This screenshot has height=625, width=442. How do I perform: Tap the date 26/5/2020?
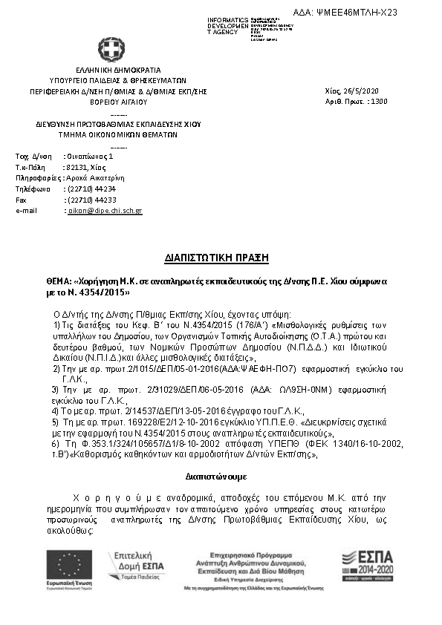point(362,90)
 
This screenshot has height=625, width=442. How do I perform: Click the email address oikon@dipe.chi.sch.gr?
point(104,211)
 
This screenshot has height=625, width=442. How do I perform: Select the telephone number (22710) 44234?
point(91,189)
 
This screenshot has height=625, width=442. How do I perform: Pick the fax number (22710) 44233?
point(91,200)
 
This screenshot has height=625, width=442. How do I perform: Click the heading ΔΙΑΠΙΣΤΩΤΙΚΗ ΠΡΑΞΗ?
point(215,258)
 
